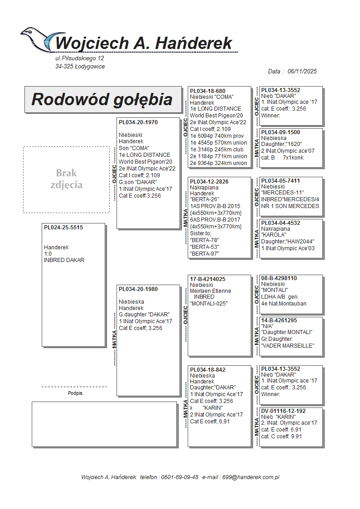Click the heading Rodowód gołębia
(x=102, y=99)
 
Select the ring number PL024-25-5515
(x=63, y=228)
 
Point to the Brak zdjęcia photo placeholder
(x=66, y=179)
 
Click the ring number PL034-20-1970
(x=138, y=122)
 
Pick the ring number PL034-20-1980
(x=138, y=289)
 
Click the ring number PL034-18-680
(x=208, y=91)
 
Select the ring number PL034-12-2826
(x=209, y=181)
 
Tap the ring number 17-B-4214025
(x=208, y=279)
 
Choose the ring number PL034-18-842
(x=208, y=370)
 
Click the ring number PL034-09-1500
(x=281, y=132)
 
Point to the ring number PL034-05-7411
(x=281, y=181)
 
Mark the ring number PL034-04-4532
(x=281, y=223)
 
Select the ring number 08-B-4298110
(x=279, y=278)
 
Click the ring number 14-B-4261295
(x=279, y=320)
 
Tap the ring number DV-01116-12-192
(x=283, y=411)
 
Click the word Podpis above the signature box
(x=75, y=393)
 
